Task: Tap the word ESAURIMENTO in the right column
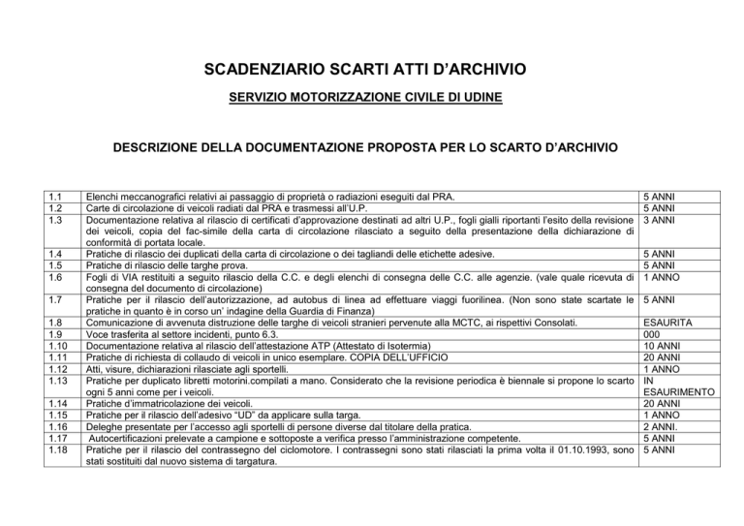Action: tap(680, 392)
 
